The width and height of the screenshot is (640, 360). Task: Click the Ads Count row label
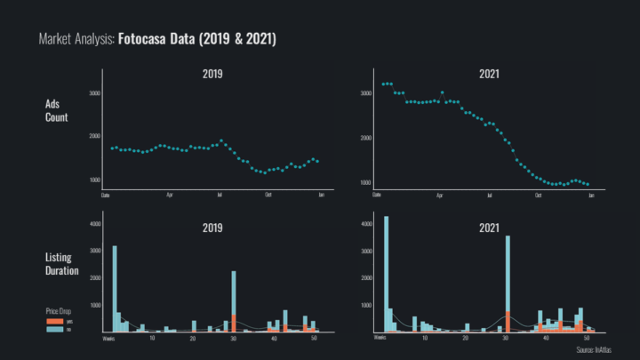56,110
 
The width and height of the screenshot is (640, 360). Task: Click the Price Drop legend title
58,311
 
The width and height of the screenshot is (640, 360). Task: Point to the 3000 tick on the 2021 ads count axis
364,93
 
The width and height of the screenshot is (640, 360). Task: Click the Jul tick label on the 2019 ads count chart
219,193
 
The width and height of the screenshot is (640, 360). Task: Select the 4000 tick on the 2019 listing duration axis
96,225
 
